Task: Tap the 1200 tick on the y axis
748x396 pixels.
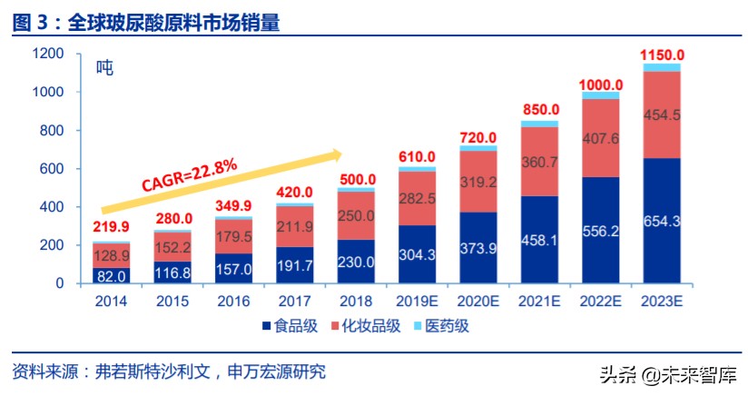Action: click(46, 54)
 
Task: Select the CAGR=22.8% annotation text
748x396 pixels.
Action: click(190, 174)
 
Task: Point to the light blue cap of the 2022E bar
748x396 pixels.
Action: click(601, 94)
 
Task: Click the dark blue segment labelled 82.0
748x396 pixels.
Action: click(112, 275)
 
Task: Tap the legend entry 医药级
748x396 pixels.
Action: click(442, 326)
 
